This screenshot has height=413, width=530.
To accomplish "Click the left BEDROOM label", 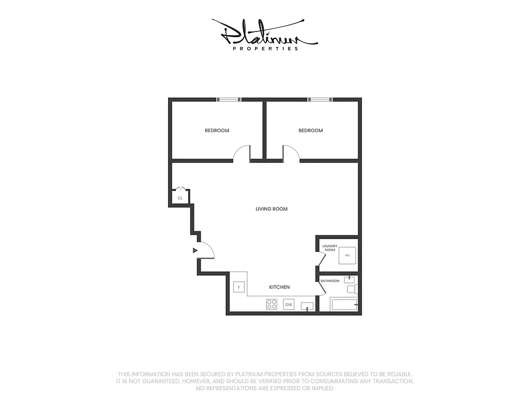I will click(217, 131).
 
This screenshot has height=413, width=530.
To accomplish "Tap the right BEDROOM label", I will click(311, 131).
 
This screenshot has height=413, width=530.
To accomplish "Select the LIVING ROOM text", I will click(271, 209).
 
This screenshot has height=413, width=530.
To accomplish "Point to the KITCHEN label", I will click(279, 287).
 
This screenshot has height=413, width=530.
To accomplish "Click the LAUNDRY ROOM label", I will click(330, 248).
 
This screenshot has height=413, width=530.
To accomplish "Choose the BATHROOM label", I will click(330, 281).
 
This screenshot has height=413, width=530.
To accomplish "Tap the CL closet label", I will click(180, 198).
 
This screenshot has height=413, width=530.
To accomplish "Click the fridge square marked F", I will click(239, 287).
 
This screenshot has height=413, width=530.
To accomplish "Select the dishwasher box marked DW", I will click(289, 305).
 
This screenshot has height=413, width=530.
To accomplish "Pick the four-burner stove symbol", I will click(271, 304).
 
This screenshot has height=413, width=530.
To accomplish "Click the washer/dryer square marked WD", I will click(347, 256).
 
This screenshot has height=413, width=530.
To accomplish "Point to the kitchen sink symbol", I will click(307, 306).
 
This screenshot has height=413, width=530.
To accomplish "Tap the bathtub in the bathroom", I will click(344, 305).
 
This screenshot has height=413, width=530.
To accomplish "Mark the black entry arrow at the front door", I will click(195, 250).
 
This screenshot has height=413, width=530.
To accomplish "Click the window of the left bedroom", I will click(228, 99).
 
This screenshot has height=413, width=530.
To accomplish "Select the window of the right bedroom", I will click(320, 99).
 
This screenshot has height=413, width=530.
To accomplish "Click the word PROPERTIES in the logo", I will click(266, 49).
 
